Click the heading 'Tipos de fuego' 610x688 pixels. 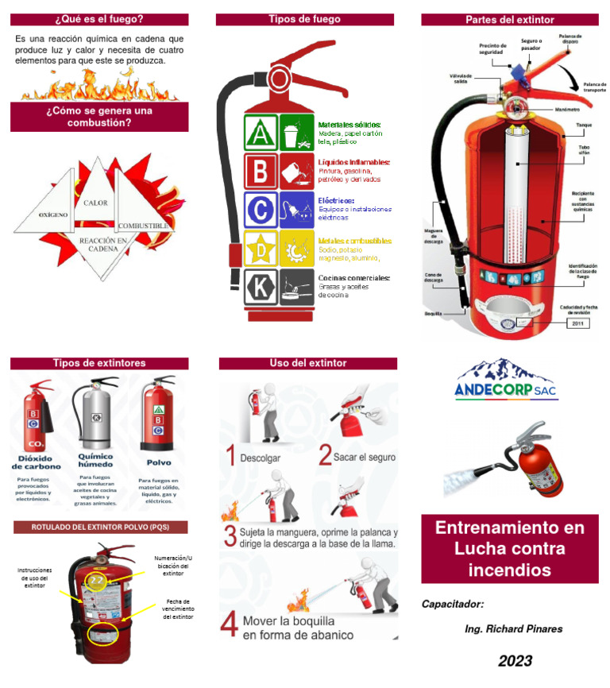[x=304, y=19]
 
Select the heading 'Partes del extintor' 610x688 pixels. [x=509, y=19]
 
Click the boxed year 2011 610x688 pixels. [x=577, y=323]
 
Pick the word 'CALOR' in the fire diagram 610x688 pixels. [x=96, y=203]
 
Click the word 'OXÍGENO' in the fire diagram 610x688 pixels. [x=53, y=215]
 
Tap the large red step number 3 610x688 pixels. [x=230, y=535]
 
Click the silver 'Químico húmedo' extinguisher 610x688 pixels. [x=95, y=415]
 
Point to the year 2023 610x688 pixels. [x=515, y=661]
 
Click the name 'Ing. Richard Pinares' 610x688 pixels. [x=513, y=629]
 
